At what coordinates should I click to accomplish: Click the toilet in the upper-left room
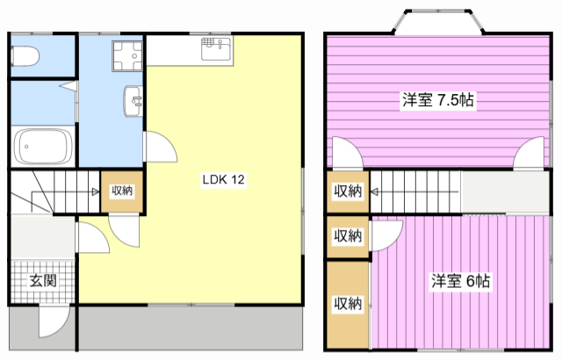point(25,56)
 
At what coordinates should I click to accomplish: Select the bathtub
point(43,146)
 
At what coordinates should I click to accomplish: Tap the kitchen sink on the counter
point(216,48)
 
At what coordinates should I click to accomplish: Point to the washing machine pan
point(127,56)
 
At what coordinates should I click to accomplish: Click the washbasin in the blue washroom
point(133,101)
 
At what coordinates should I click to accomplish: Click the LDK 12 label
point(223,179)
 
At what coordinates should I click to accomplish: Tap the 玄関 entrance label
point(43,281)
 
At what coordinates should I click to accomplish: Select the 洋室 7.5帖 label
point(437,100)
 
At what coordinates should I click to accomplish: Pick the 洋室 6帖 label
point(460,281)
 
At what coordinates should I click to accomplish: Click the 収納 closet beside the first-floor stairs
point(122,191)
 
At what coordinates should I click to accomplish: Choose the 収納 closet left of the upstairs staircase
point(348,191)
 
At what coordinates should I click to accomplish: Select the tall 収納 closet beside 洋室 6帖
point(348,305)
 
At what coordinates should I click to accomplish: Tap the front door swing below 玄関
point(54,321)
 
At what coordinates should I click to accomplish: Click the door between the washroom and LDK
point(160,147)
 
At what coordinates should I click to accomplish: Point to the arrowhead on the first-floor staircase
point(96,191)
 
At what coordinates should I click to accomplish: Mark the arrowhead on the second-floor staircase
point(374,192)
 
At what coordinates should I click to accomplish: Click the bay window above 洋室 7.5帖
point(438,22)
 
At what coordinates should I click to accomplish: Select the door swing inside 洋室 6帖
point(387,235)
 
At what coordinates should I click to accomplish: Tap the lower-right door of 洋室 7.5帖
point(529,153)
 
